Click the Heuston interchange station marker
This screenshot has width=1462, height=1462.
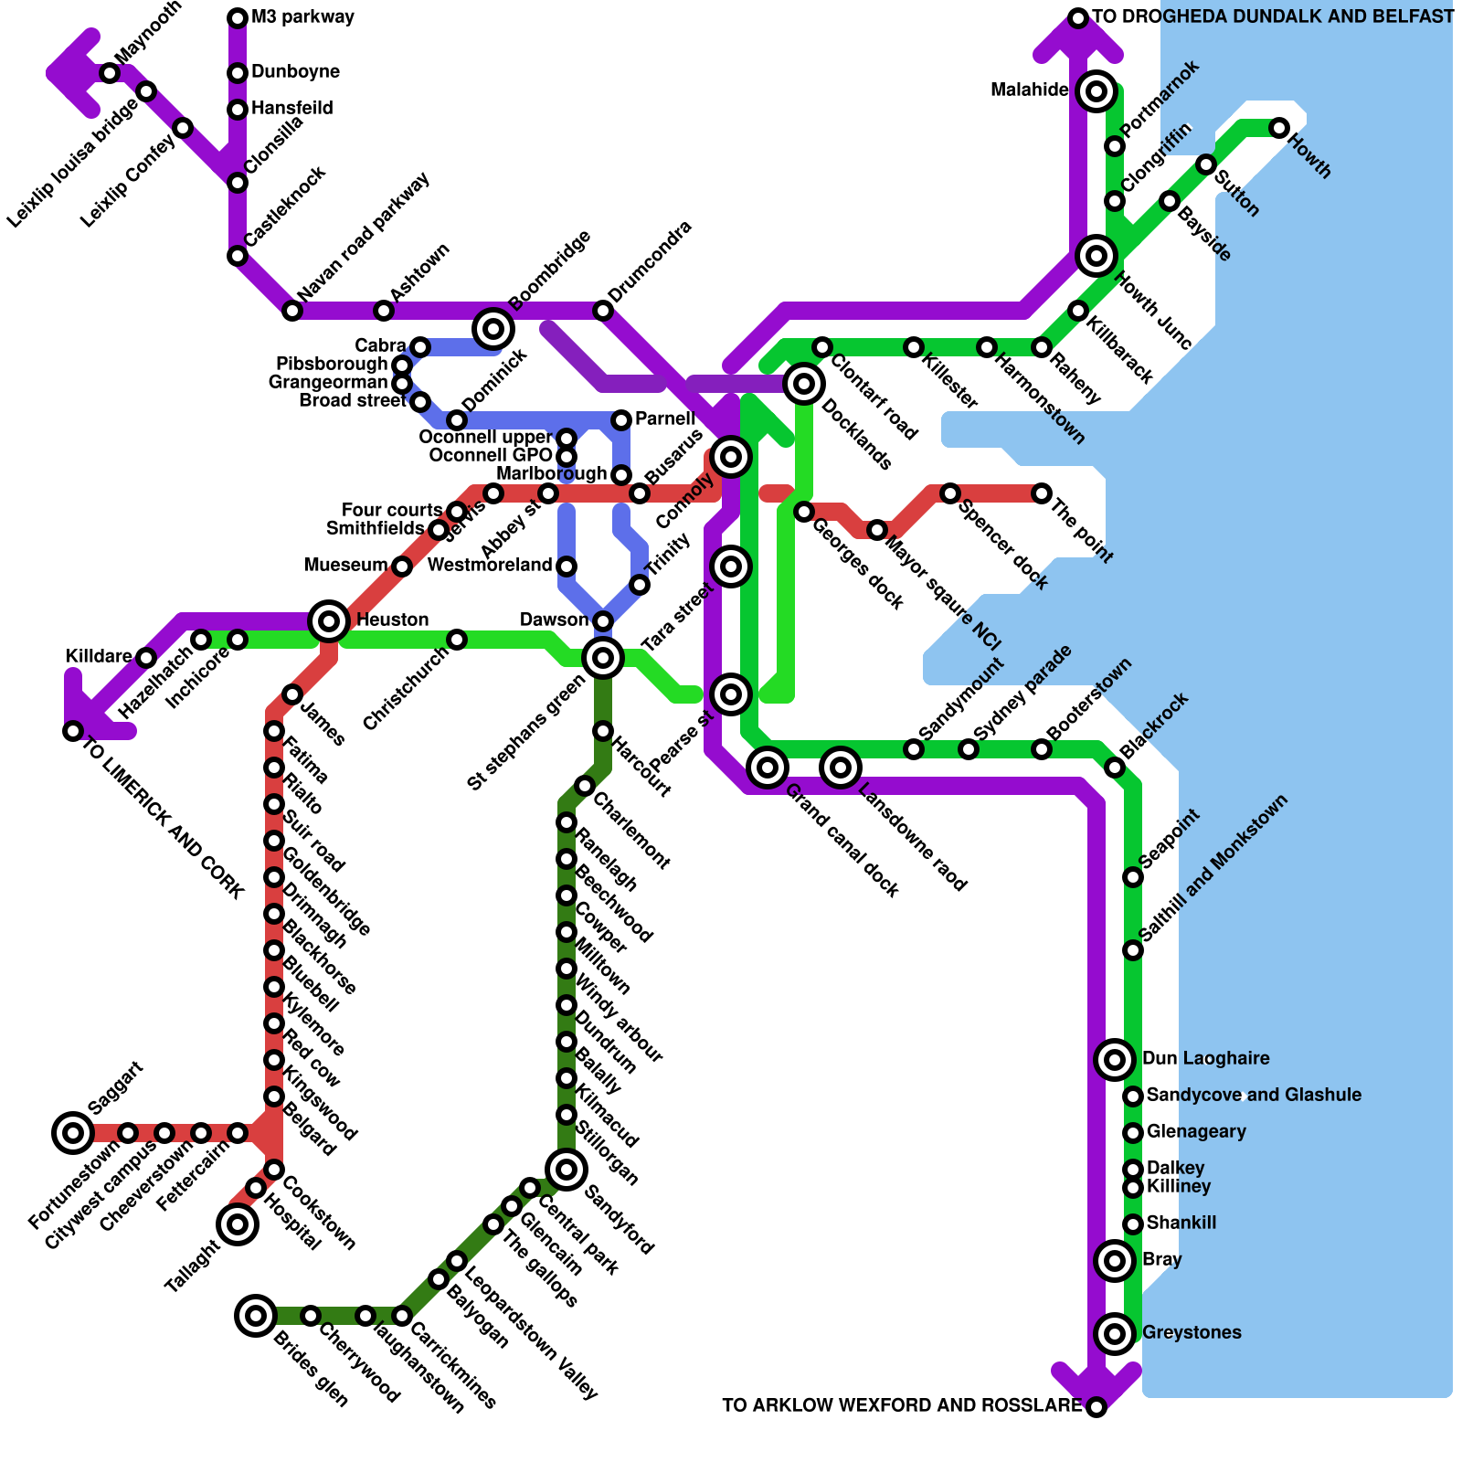click(x=329, y=621)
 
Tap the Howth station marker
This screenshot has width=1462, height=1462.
click(x=1279, y=128)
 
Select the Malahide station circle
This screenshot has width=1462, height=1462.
click(x=1096, y=90)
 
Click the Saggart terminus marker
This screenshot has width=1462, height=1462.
click(x=73, y=1133)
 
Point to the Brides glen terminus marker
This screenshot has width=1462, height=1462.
click(x=256, y=1316)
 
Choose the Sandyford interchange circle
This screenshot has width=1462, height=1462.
click(x=567, y=1169)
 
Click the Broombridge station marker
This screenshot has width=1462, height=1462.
click(x=493, y=328)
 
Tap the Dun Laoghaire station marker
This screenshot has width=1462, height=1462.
click(x=1115, y=1060)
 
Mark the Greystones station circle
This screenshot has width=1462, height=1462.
click(x=1115, y=1334)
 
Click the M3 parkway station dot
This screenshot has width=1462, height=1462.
click(x=238, y=18)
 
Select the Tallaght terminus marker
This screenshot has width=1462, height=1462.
click(x=238, y=1224)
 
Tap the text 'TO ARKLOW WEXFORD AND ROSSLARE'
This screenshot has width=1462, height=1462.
click(x=901, y=1405)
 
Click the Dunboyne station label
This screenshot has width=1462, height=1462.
click(x=295, y=71)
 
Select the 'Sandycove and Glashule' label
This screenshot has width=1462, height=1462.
click(x=1254, y=1095)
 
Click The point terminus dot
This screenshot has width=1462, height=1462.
click(x=1042, y=493)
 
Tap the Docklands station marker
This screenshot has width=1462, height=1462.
click(x=804, y=384)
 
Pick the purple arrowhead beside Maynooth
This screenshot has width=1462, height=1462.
click(x=73, y=73)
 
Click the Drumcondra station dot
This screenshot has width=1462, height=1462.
click(x=603, y=311)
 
